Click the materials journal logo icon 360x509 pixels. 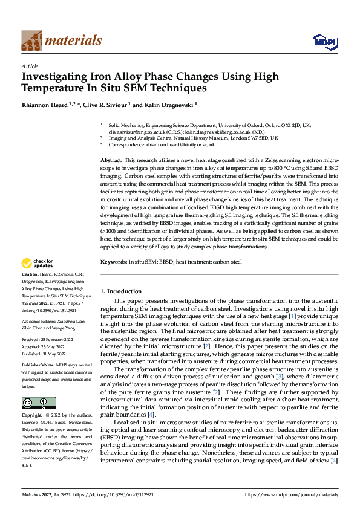(31, 41)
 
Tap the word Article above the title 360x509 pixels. (30, 66)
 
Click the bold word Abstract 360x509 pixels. (110, 159)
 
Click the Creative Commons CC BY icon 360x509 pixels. (38, 403)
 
